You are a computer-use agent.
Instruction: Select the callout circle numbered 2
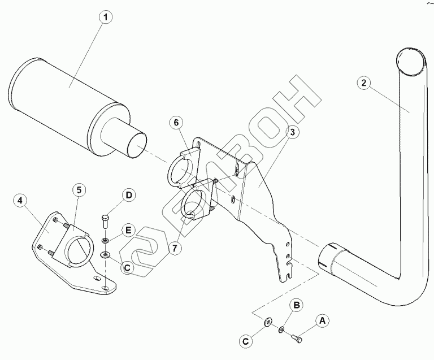(x=364, y=83)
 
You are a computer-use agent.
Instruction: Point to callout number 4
(x=20, y=200)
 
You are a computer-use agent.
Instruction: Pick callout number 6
(x=176, y=123)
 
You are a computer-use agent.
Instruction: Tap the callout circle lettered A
(x=323, y=321)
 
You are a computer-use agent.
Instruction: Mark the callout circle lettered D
(x=129, y=196)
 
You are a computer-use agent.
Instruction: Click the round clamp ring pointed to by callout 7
(x=196, y=206)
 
